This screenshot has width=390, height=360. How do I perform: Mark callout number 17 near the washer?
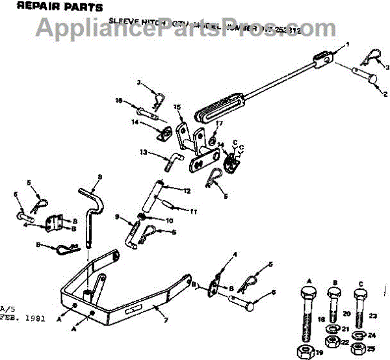[219, 123]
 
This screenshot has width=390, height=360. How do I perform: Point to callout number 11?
[193, 212]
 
